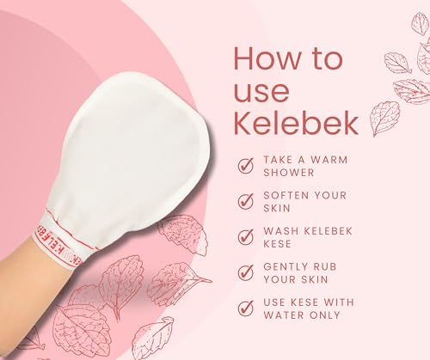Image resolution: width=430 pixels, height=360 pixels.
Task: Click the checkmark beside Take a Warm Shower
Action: (x=246, y=165)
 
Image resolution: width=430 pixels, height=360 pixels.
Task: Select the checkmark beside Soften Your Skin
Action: (x=246, y=200)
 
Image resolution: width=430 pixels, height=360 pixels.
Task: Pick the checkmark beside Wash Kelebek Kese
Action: (x=246, y=235)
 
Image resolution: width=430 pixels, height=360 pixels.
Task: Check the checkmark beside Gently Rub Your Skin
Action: (x=246, y=271)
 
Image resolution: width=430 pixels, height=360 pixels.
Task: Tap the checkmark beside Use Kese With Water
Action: (x=246, y=306)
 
